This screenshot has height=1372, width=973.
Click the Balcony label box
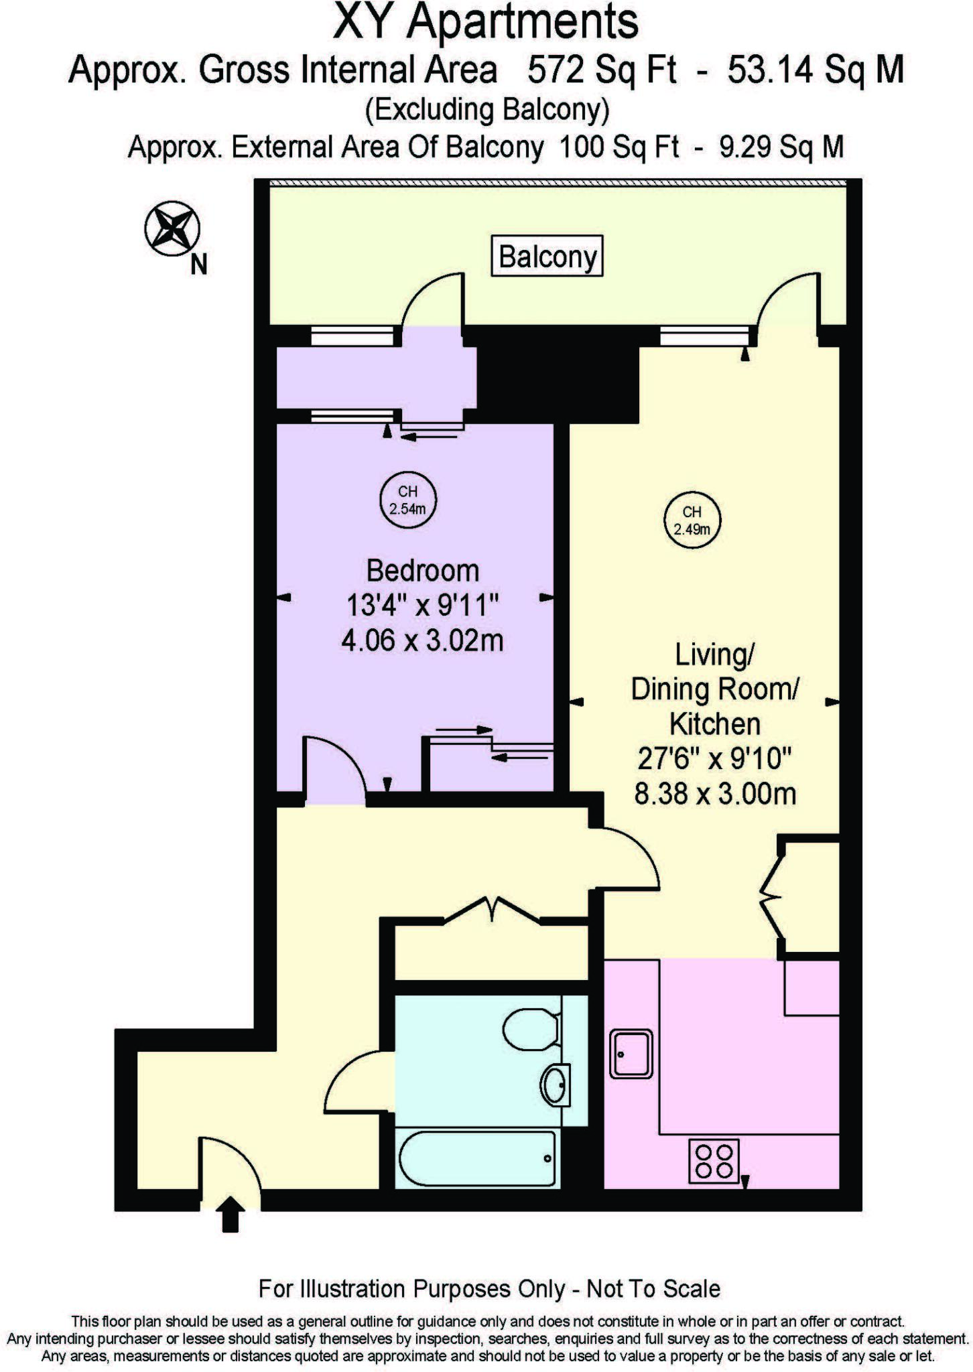coord(547,256)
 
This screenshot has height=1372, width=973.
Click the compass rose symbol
coord(172,228)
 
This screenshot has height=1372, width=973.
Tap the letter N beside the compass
coord(199,265)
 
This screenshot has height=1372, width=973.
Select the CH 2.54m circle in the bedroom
coord(407,500)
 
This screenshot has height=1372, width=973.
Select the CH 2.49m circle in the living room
coord(692,521)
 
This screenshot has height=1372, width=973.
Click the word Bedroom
coord(423,571)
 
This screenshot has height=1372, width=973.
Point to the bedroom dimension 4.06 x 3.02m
coord(422,641)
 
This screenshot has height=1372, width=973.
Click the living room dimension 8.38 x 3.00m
coord(715,795)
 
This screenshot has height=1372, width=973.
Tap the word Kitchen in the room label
coord(715,724)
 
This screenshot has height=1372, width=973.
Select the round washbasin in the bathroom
coord(556,1085)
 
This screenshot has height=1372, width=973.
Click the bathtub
coord(477,1159)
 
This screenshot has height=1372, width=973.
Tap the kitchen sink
coord(631,1054)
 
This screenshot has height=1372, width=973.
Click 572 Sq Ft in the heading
coord(601,70)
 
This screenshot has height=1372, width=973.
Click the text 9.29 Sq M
coord(781,147)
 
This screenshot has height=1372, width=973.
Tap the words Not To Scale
coord(653,1289)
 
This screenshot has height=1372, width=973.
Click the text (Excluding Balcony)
coord(486,110)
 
